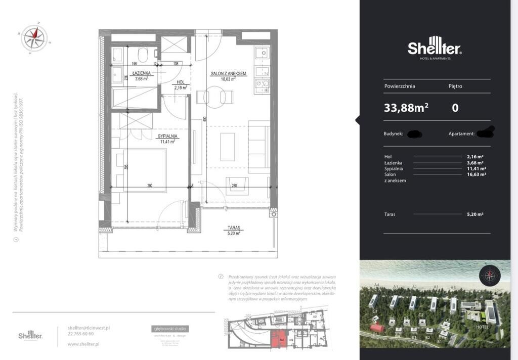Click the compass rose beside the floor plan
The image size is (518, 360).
tap(34, 38)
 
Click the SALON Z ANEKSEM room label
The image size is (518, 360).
tap(228, 73)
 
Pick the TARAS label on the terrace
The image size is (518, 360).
tap(233, 228)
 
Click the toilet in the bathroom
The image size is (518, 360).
tap(143, 54)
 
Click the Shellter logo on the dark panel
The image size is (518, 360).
tap(435, 48)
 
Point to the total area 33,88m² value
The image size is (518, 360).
tap(406, 108)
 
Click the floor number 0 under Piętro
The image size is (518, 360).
tap(455, 108)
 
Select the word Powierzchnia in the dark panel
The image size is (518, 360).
tap(400, 86)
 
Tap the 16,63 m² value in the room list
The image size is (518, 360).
tap(477, 174)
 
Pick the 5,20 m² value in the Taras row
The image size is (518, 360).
tap(476, 214)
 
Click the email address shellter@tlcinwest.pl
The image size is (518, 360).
tap(89, 328)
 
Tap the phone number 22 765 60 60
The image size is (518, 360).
tap(80, 334)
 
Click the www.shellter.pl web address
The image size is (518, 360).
tap(83, 344)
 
